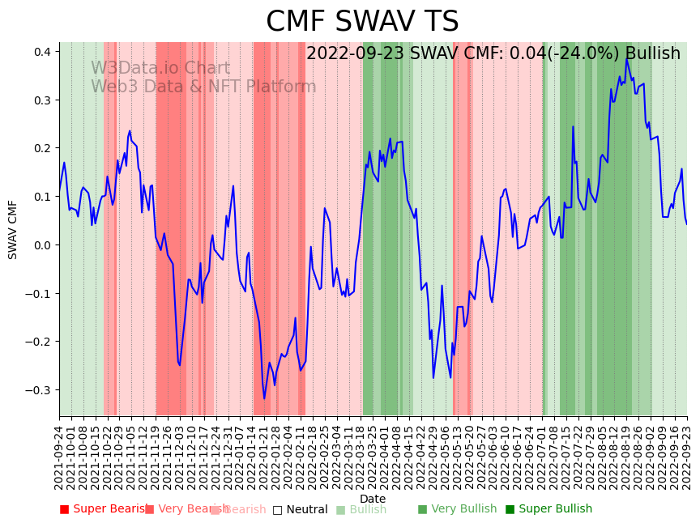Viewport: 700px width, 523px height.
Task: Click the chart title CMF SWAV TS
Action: click(362, 22)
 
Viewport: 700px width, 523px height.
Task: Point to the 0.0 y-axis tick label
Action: click(42, 245)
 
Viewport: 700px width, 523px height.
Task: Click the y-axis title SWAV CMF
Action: click(13, 229)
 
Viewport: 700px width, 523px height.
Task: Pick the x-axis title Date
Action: click(373, 499)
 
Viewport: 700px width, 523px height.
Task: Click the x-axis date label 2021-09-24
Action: click(59, 458)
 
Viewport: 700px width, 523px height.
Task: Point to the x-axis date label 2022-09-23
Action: click(687, 458)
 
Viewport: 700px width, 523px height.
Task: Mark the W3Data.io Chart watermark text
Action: click(160, 68)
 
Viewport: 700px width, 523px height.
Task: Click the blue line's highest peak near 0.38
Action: click(626, 59)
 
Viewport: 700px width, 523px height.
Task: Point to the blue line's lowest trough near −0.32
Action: click(264, 398)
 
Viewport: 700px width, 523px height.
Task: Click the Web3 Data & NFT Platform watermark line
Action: click(203, 87)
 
